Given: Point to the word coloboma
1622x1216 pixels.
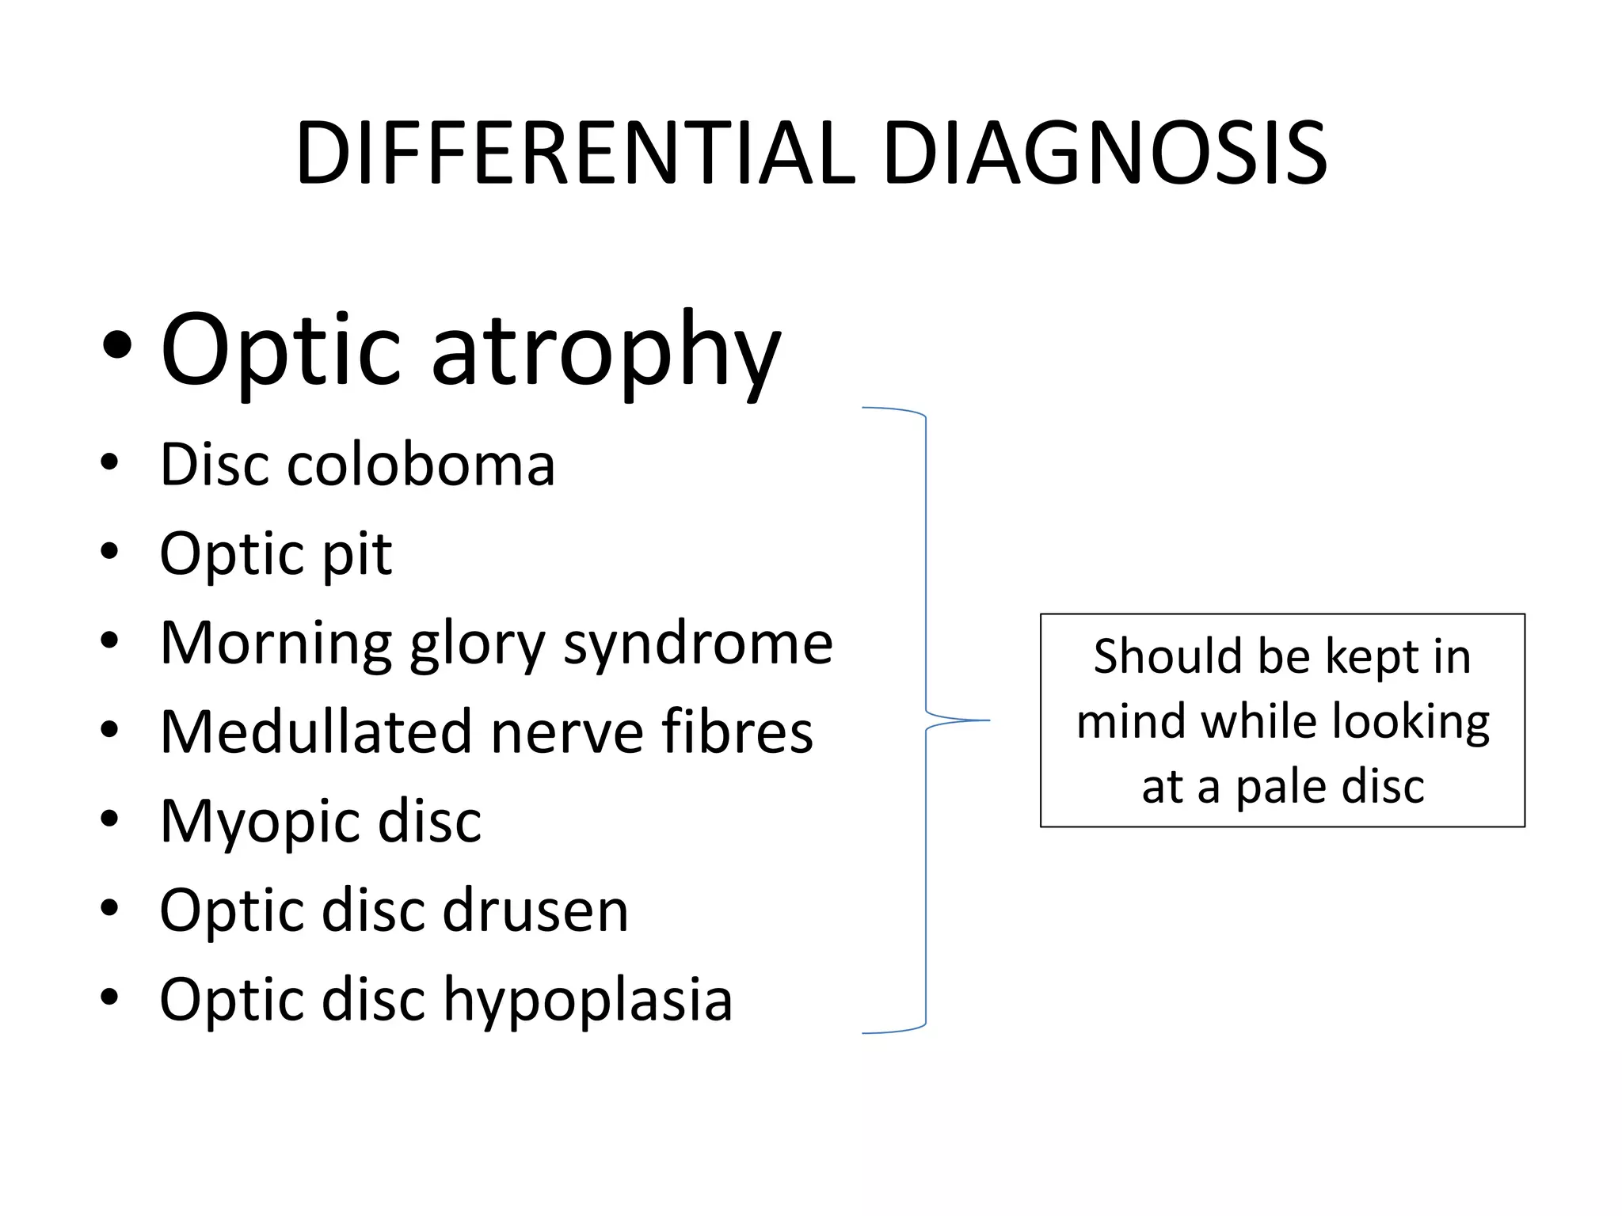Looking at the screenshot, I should (x=421, y=465).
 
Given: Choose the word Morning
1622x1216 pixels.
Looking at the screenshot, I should (x=276, y=643).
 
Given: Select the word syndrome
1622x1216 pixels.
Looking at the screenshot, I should (x=698, y=643).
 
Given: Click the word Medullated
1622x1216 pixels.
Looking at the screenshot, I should (x=316, y=731).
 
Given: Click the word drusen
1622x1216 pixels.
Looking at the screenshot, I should (x=535, y=910).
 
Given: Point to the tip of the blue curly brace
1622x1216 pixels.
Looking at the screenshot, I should (x=988, y=720).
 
